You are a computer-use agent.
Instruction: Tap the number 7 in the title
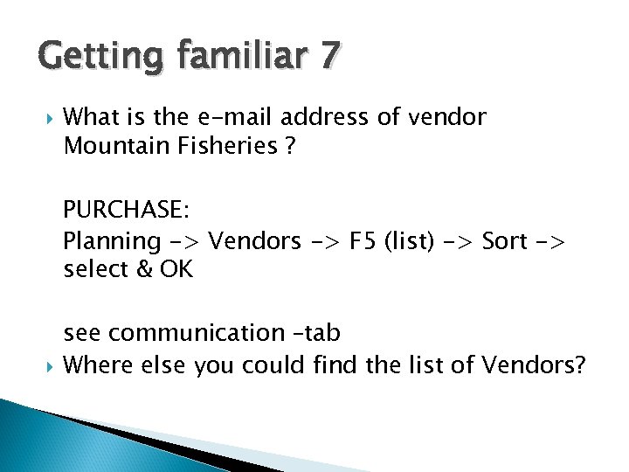click(328, 56)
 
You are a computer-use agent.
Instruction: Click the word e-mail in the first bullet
click(238, 116)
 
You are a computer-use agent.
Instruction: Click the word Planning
click(112, 240)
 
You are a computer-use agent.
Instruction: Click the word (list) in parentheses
click(425, 240)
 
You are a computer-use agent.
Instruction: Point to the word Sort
click(505, 240)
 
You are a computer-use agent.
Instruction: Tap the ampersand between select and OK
click(146, 269)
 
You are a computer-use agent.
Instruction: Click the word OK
click(176, 269)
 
